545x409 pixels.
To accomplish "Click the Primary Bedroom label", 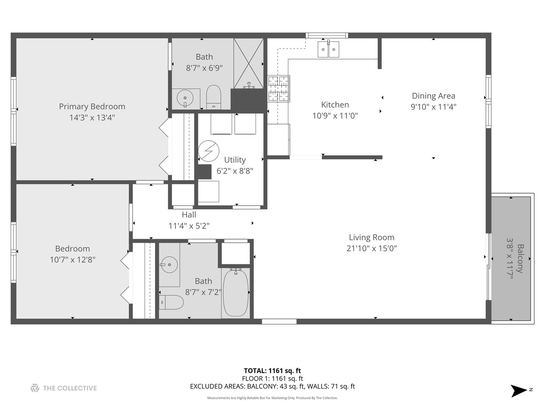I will click(x=92, y=106).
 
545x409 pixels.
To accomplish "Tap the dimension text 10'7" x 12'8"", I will click(x=72, y=260).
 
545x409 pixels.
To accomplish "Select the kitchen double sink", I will click(x=328, y=49).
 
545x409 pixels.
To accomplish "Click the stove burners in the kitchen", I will click(x=279, y=89).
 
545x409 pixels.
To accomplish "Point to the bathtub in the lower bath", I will click(x=235, y=293).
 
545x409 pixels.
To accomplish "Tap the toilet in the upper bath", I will click(x=213, y=97).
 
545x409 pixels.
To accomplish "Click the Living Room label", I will click(x=371, y=237).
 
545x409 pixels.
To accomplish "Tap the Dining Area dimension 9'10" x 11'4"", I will click(x=433, y=107).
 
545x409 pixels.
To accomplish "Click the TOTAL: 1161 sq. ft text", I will click(x=272, y=371).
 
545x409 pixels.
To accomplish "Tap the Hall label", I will click(x=189, y=215).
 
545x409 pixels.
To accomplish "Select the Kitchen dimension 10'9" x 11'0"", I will click(x=335, y=116).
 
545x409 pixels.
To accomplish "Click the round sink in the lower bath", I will click(x=169, y=265).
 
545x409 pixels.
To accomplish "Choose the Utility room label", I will click(x=235, y=160).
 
